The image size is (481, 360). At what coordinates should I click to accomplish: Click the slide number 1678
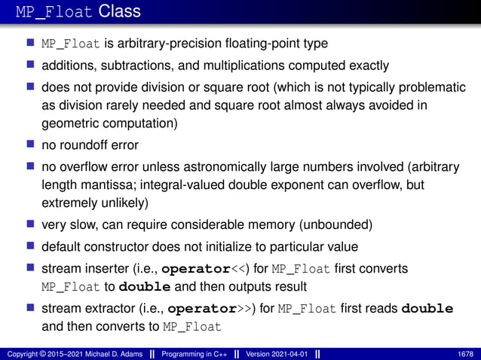click(x=467, y=354)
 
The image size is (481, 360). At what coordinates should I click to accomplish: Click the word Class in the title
click(x=119, y=12)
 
